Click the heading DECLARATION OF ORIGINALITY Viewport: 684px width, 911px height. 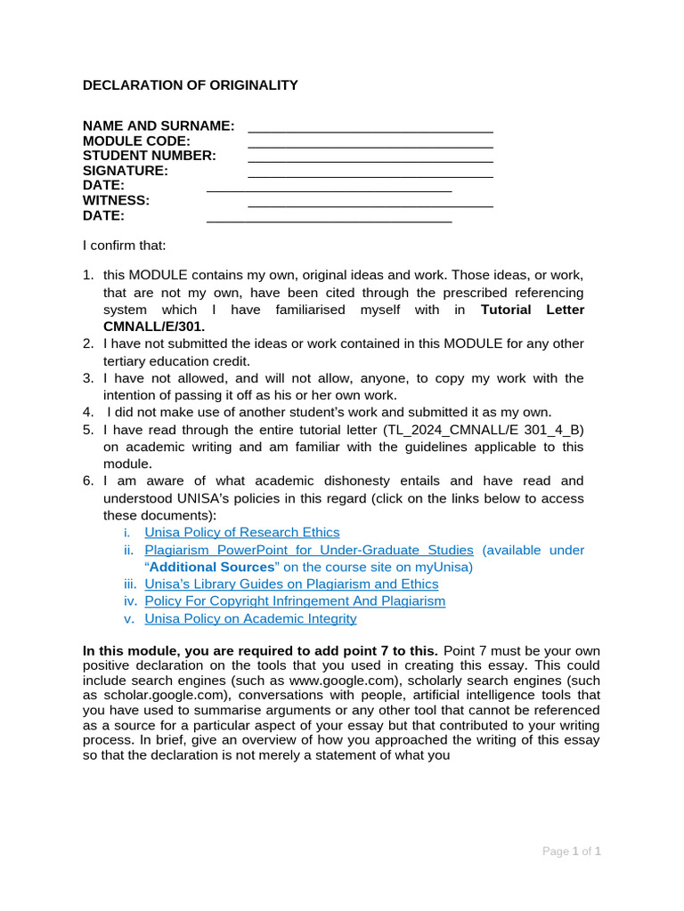(190, 85)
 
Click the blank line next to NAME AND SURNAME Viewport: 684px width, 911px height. (370, 130)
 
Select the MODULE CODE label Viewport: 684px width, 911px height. (136, 141)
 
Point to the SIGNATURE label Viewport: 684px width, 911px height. (126, 170)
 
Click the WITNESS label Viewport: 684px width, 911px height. (116, 200)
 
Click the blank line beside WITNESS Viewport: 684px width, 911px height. (370, 205)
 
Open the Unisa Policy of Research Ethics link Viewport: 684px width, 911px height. (241, 532)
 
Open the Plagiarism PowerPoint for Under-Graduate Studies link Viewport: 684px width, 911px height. (308, 550)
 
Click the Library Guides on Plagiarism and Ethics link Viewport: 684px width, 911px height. (291, 584)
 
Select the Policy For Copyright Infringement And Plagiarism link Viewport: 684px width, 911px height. (295, 601)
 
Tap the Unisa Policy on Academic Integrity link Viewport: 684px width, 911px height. (250, 618)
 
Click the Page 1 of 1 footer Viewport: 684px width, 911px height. (572, 851)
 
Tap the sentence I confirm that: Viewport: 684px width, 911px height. (124, 245)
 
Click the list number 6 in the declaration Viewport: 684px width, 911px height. (88, 480)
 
